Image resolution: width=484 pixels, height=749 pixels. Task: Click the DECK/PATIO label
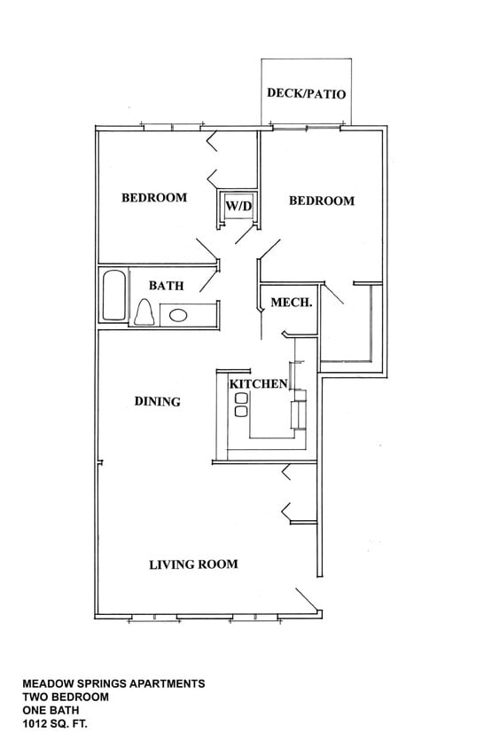pos(306,93)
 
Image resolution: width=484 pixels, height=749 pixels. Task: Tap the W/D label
pos(238,207)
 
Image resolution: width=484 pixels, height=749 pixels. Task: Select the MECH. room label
pos(291,303)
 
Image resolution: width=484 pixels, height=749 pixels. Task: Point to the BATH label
pos(166,286)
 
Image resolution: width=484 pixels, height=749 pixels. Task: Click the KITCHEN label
pos(258,384)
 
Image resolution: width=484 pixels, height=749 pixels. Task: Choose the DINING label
pos(157,401)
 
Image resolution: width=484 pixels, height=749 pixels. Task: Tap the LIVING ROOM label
pos(192,564)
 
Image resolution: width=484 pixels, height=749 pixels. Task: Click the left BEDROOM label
pos(154,197)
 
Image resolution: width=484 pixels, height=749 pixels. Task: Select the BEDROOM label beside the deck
pos(321,201)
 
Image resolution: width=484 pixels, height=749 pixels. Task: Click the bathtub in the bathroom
pos(113,296)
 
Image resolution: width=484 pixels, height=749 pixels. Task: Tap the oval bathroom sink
pos(178,314)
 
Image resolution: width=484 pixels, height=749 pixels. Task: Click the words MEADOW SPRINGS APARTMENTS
pos(113,684)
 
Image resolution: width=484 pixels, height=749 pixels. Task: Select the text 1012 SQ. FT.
pos(55,725)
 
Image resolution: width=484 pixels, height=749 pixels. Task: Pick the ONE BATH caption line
pos(51,712)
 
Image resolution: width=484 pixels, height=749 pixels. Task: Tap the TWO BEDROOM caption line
pos(66,698)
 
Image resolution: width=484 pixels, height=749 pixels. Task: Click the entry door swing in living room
pos(308,599)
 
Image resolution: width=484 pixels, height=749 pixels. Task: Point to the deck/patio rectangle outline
pos(306,59)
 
